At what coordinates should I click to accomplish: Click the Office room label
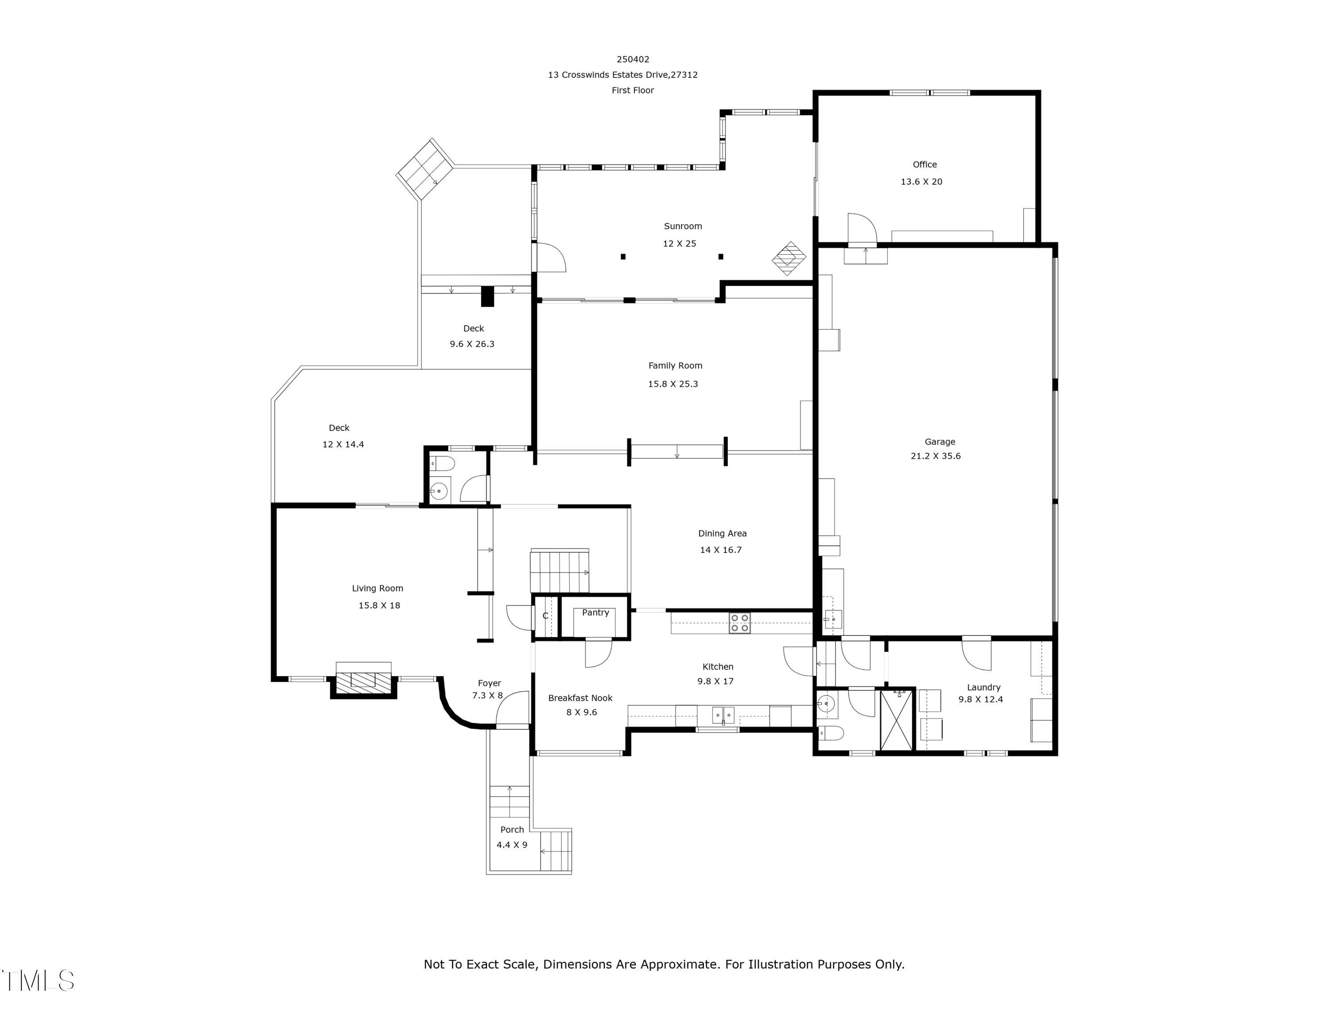[x=925, y=164]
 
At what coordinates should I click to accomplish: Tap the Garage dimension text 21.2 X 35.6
[x=935, y=456]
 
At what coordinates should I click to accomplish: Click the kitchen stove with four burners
[x=739, y=623]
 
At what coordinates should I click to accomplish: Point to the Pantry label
[x=595, y=613]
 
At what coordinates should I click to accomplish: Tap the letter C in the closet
[x=545, y=616]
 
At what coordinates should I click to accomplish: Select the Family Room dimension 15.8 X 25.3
[x=672, y=384]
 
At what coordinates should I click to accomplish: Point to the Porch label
[x=512, y=830]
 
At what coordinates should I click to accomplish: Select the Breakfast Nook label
[x=580, y=698]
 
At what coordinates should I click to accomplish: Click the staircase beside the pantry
[x=559, y=571]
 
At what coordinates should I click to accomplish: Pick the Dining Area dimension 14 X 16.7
[x=720, y=550]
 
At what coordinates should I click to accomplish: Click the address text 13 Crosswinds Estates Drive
[x=622, y=75]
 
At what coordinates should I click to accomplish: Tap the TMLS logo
[x=38, y=981]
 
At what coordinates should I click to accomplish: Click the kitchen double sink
[x=723, y=715]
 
